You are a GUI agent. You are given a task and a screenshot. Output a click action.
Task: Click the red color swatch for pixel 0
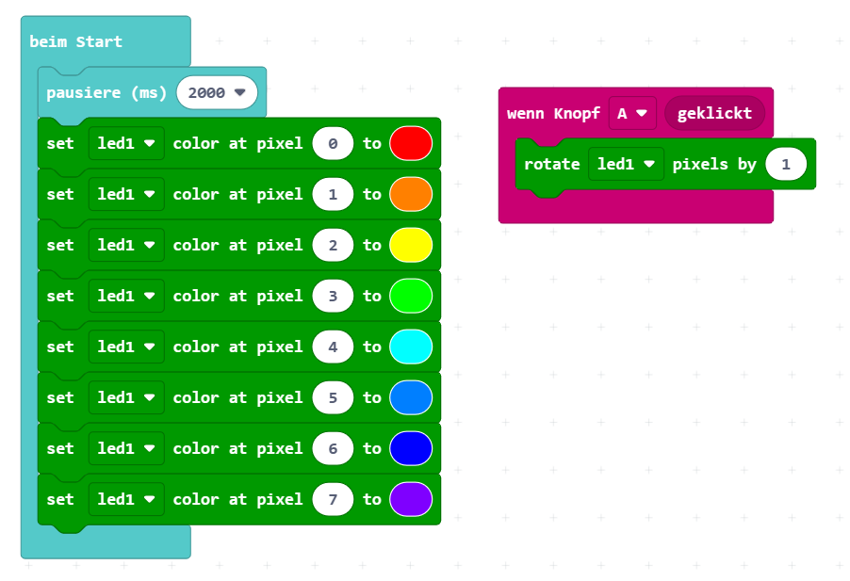click(x=410, y=143)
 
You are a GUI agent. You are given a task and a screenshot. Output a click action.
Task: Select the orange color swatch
click(x=410, y=194)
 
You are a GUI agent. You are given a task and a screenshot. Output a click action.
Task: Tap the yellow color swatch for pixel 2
click(x=410, y=245)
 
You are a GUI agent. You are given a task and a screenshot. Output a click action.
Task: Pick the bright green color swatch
click(x=410, y=296)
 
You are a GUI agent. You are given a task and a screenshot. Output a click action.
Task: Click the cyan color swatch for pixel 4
click(x=410, y=347)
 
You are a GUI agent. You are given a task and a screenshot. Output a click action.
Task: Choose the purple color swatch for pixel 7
click(x=410, y=499)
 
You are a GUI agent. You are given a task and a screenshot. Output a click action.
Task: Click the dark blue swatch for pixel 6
click(x=410, y=448)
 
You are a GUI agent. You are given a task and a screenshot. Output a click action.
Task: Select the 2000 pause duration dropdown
click(x=217, y=92)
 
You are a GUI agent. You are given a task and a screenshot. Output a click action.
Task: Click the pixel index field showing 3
click(x=333, y=296)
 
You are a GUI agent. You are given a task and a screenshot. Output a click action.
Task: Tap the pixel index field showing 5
click(x=333, y=397)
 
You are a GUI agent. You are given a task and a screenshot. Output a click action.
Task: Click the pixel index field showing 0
click(x=333, y=143)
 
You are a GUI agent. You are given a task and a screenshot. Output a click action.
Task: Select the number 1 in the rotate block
click(x=786, y=164)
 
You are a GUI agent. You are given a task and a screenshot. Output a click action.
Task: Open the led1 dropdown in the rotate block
click(x=626, y=164)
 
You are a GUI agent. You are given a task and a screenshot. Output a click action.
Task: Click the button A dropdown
click(x=631, y=113)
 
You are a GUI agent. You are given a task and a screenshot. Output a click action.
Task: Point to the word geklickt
click(x=714, y=113)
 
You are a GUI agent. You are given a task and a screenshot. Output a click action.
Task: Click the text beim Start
click(x=75, y=41)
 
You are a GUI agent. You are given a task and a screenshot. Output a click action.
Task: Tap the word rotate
click(x=551, y=164)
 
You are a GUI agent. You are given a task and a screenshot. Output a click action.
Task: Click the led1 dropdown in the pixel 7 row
click(x=125, y=499)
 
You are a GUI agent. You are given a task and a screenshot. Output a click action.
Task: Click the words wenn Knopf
click(x=553, y=113)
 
